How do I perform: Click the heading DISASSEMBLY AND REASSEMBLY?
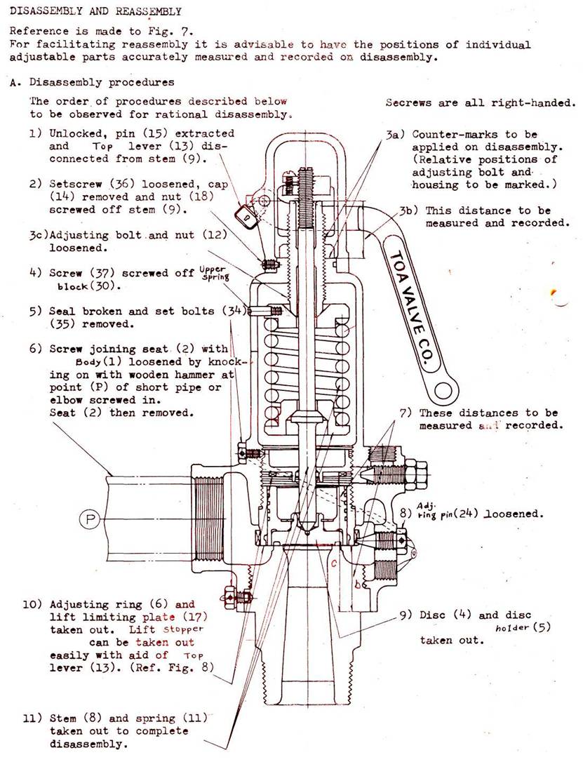(95, 11)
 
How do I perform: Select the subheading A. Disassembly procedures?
(92, 82)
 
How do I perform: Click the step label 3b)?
(410, 210)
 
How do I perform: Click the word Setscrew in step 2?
(74, 185)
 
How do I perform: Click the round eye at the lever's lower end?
(445, 387)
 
